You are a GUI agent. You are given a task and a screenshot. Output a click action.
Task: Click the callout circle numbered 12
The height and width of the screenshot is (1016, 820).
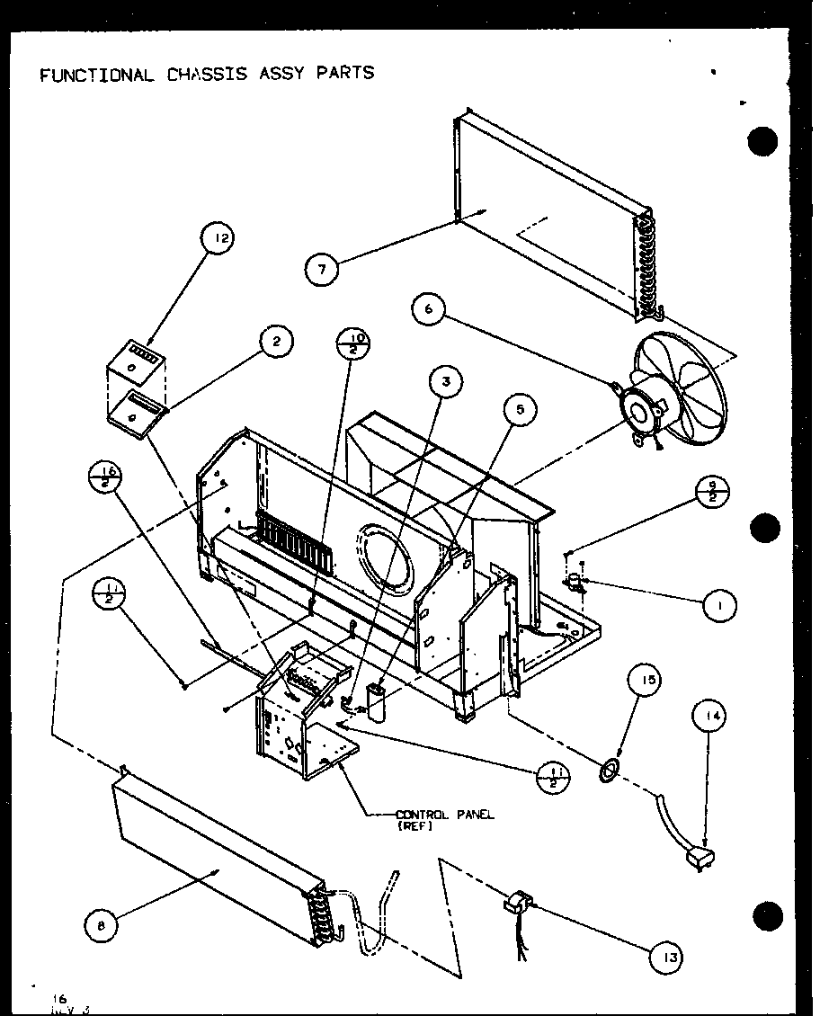click(x=217, y=238)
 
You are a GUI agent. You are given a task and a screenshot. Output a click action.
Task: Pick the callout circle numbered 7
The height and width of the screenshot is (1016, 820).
click(x=322, y=267)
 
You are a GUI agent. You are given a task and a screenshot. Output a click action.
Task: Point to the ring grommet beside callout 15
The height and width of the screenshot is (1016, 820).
click(x=610, y=766)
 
